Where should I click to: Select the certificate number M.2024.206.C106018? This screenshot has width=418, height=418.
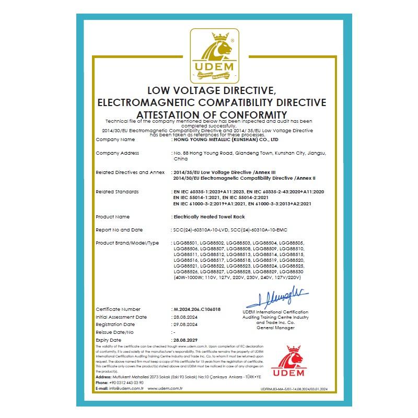[196, 309]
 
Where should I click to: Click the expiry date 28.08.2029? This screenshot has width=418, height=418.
[185, 340]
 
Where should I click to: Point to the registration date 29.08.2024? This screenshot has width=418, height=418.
[185, 324]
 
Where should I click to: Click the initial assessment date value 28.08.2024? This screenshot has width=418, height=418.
[185, 317]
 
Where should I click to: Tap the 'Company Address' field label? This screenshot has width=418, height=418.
[118, 153]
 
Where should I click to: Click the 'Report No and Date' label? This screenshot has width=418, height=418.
[119, 230]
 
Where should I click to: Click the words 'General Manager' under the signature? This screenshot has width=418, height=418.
[275, 328]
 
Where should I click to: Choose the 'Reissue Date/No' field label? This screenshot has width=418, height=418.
[115, 332]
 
